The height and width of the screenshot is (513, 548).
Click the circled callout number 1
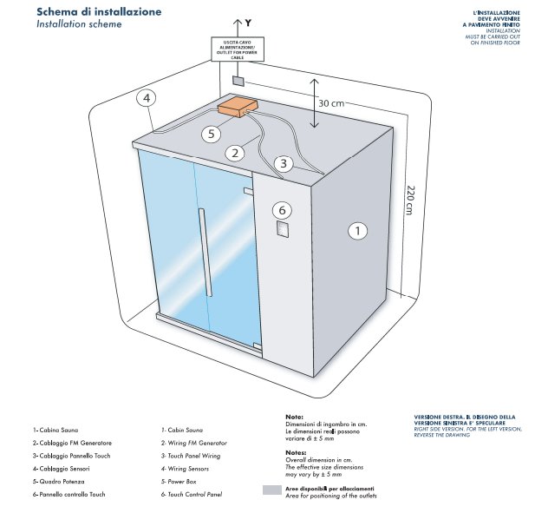point(358,231)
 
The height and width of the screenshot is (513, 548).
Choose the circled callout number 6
point(280,209)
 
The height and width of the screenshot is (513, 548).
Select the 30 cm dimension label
point(331,103)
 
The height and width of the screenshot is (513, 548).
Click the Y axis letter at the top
point(248,19)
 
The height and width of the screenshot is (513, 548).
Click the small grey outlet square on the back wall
point(238,80)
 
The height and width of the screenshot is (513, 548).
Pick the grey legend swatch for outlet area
point(272,490)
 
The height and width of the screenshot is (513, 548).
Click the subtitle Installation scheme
point(79,25)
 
